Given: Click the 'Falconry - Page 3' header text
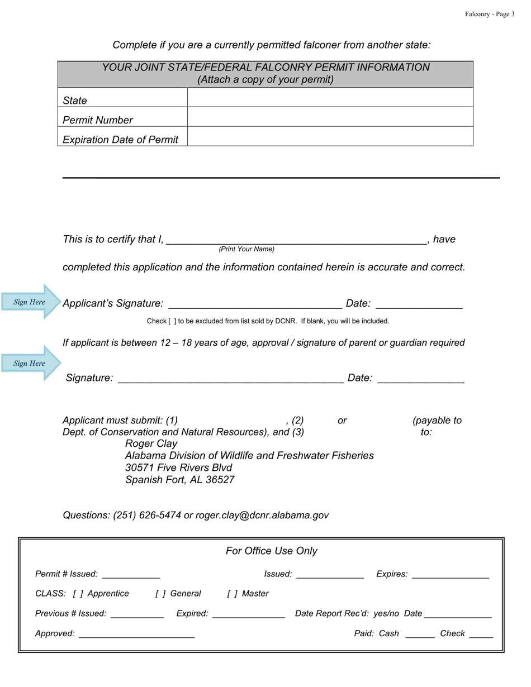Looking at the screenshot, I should pyautogui.click(x=490, y=14).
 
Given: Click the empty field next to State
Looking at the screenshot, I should pyautogui.click(x=330, y=98).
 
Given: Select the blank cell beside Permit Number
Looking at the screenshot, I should pyautogui.click(x=330, y=117).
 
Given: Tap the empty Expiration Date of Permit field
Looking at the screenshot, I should pyautogui.click(x=330, y=136).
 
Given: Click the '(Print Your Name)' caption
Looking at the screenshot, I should pyautogui.click(x=246, y=249).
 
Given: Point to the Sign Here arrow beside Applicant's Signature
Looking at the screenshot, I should pyautogui.click(x=31, y=302).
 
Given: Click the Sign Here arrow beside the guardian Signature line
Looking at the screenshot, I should pyautogui.click(x=31, y=363).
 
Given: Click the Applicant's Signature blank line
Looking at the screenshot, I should pyautogui.click(x=255, y=304).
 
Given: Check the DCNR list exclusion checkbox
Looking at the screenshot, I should pyautogui.click(x=172, y=321).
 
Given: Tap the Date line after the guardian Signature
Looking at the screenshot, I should pyautogui.click(x=421, y=379).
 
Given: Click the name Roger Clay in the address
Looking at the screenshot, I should pyautogui.click(x=151, y=443).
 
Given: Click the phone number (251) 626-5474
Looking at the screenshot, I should pyautogui.click(x=147, y=515).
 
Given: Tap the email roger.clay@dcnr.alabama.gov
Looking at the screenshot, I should pyautogui.click(x=262, y=515).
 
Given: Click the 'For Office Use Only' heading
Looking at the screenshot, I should pyautogui.click(x=272, y=551).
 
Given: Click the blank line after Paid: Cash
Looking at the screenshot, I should pyautogui.click(x=420, y=634).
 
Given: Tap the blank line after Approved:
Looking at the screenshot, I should pyautogui.click(x=137, y=634).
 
